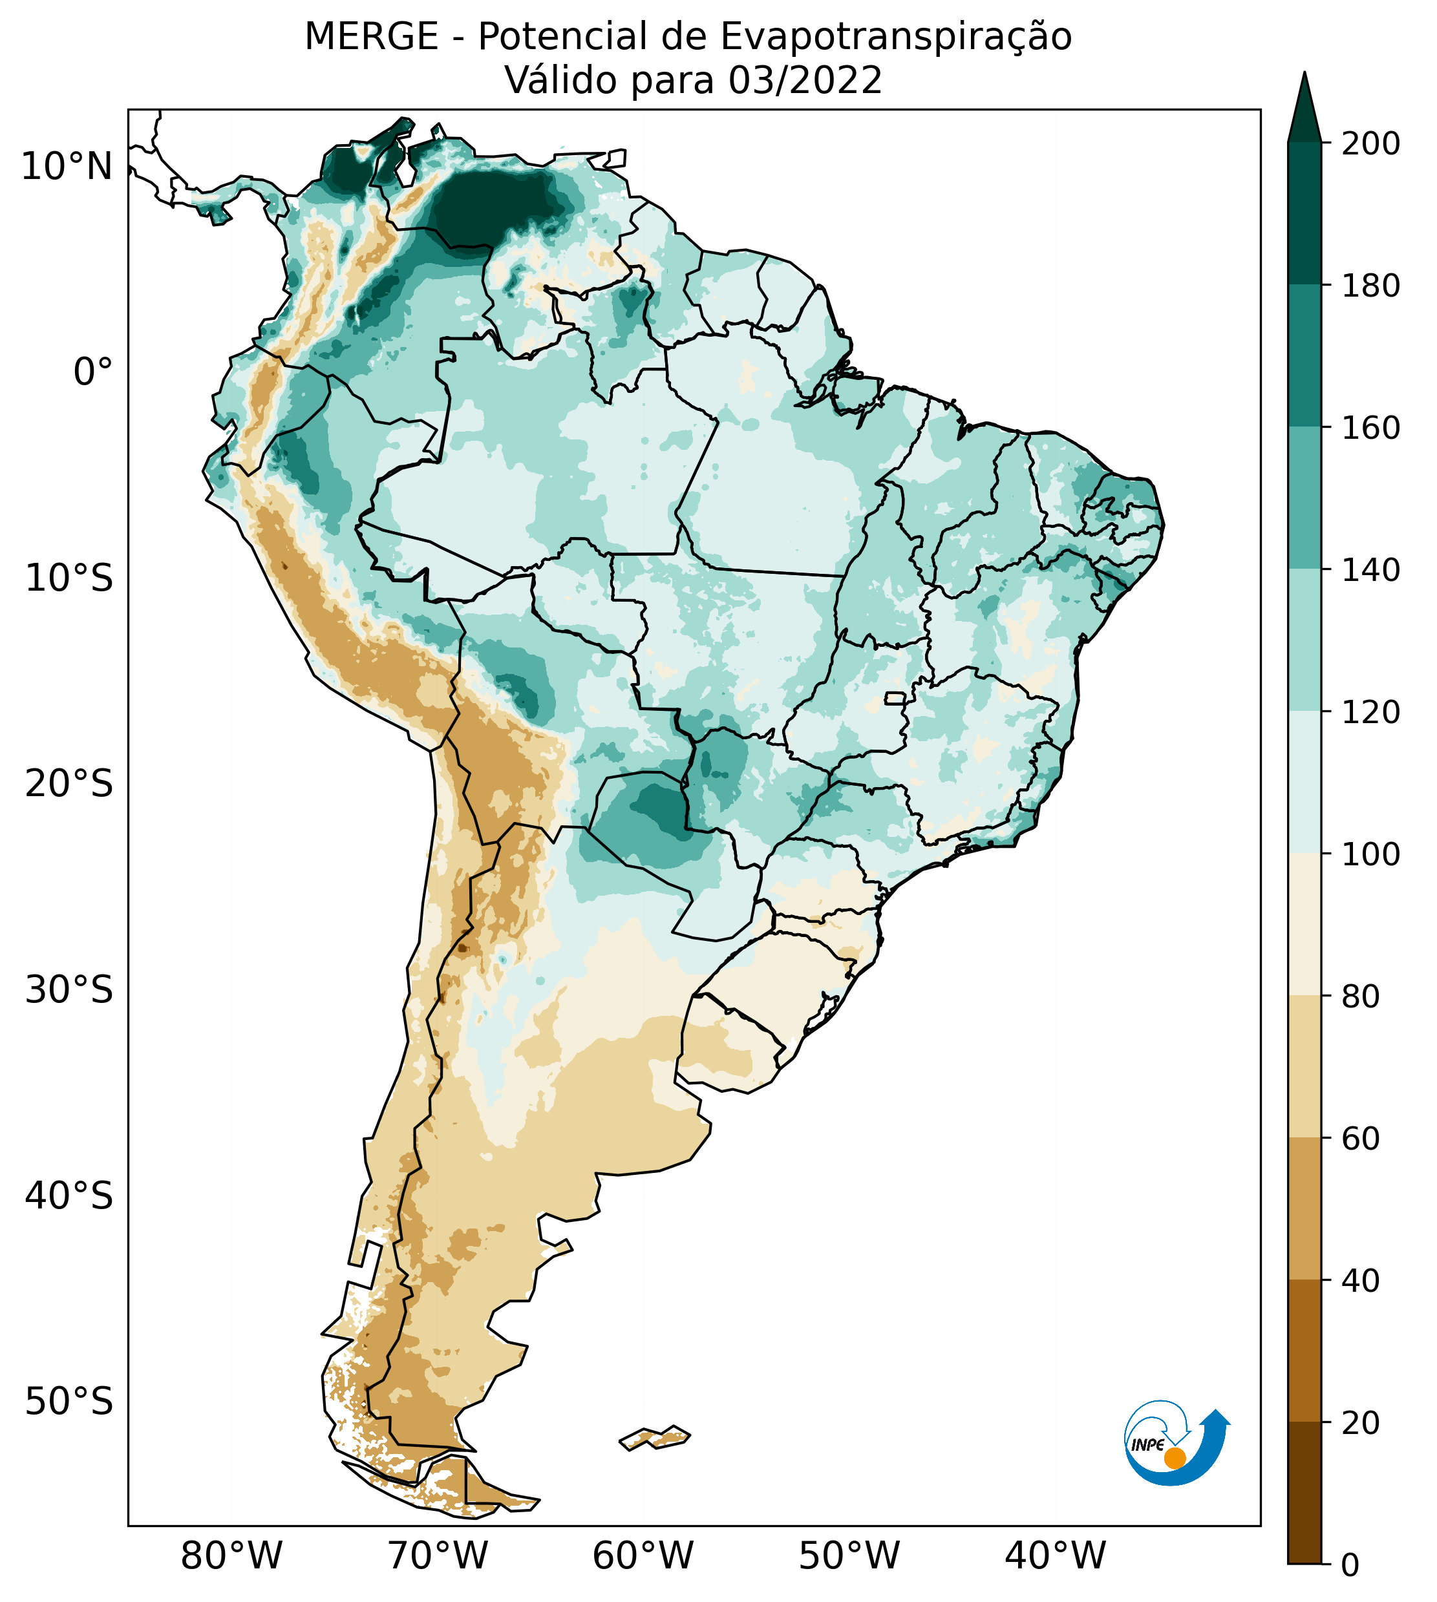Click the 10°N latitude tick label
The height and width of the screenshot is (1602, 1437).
pos(67,167)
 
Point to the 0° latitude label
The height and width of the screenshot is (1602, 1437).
pos(93,372)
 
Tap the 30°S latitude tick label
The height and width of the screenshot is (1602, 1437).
pos(69,991)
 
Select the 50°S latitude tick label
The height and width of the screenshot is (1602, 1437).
pos(69,1402)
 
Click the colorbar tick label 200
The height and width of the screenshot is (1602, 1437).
pos(1372,144)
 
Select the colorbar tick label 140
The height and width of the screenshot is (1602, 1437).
pos(1372,571)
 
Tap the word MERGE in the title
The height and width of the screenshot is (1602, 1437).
pos(371,37)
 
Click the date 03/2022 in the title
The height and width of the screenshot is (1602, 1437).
pos(805,81)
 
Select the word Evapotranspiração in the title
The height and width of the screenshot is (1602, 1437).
pos(896,37)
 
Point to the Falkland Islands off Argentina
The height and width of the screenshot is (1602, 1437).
pos(655,1438)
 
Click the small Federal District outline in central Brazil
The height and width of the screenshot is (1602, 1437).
pos(895,699)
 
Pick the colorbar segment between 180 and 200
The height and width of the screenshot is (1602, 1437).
pos(1304,214)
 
